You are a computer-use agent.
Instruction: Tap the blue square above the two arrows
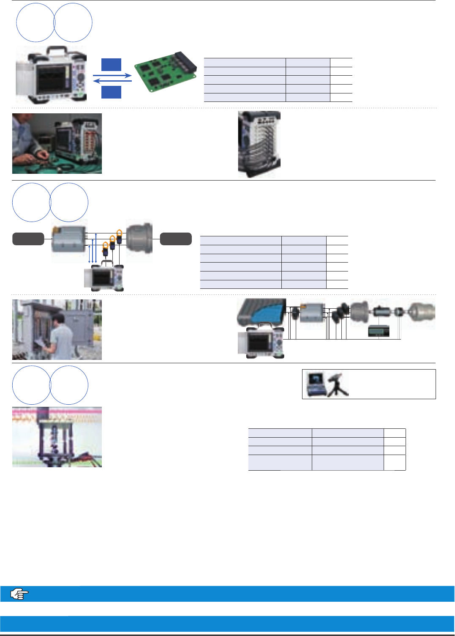[x=111, y=65]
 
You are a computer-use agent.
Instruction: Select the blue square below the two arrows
[x=111, y=92]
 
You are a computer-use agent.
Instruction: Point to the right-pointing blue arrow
[x=112, y=76]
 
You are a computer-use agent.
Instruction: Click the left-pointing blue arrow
[x=112, y=81]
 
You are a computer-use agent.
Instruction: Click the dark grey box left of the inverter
[x=28, y=239]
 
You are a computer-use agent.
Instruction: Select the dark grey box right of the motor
[x=176, y=239]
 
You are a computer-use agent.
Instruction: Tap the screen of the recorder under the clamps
[x=102, y=278]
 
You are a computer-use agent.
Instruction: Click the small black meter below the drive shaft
[x=379, y=331]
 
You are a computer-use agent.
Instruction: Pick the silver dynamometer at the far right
[x=421, y=313]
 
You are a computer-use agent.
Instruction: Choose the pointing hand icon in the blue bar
[x=19, y=594]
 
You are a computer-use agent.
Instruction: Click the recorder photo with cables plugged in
[x=259, y=144]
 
